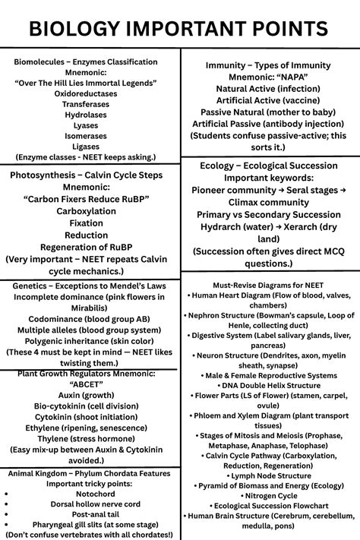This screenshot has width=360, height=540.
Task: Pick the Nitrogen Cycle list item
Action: (269, 494)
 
